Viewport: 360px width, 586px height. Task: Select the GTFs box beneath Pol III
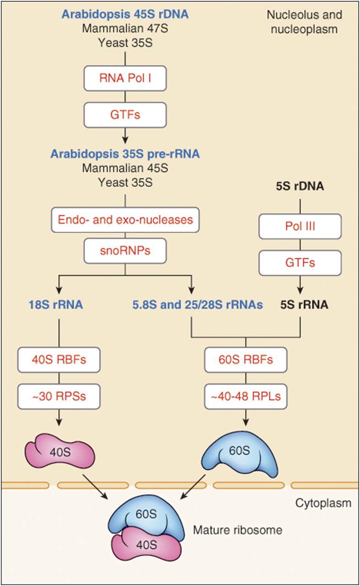pos(300,262)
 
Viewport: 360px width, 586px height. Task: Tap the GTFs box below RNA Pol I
pos(125,114)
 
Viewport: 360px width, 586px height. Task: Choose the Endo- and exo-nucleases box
pos(125,220)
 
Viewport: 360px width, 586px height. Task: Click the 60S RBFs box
pos(246,359)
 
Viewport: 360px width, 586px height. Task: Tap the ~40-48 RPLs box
pos(246,395)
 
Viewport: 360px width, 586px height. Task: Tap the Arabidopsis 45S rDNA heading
pos(125,15)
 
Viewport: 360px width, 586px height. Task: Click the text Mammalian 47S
pos(125,29)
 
